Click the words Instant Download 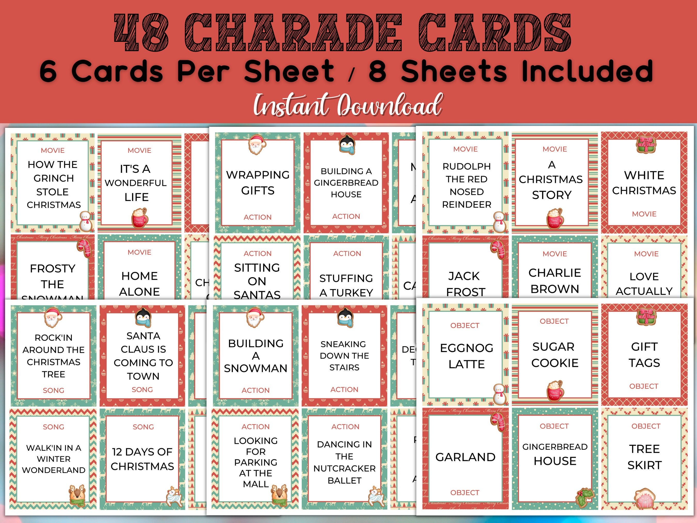click(348, 105)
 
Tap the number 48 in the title click(141, 33)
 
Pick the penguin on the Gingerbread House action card click(347, 145)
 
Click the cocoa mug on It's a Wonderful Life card click(139, 217)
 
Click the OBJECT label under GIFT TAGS click(644, 386)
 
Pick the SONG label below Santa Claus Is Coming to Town click(142, 390)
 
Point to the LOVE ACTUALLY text click(644, 284)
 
